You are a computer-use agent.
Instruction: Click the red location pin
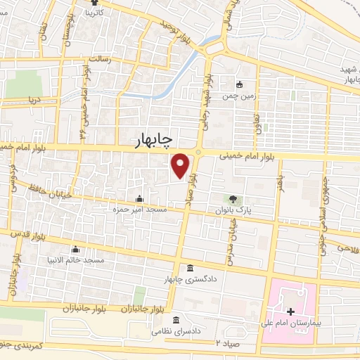tap(181, 164)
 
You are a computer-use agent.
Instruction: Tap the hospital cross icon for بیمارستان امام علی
tap(290, 311)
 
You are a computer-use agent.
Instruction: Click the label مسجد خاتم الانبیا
tap(76, 260)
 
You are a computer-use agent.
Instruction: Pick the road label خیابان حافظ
tap(46, 188)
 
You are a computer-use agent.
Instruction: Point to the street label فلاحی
tap(348, 247)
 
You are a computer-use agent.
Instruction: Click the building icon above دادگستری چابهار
tap(191, 269)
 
